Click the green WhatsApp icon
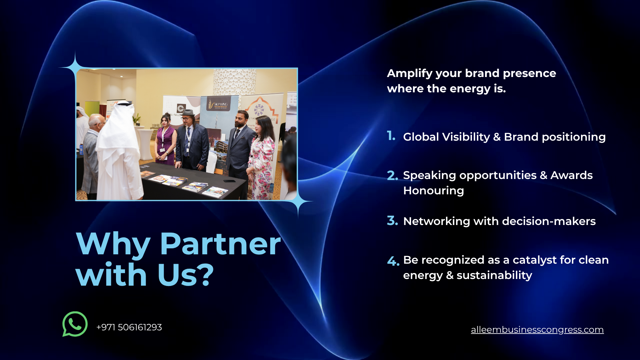click(x=75, y=324)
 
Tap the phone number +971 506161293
click(x=129, y=327)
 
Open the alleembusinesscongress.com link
click(x=537, y=330)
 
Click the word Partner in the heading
click(x=220, y=244)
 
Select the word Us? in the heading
click(x=185, y=275)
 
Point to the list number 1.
click(x=391, y=136)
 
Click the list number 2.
click(x=392, y=175)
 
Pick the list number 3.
click(x=392, y=221)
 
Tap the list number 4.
click(x=393, y=261)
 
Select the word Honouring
click(x=433, y=191)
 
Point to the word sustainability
click(x=494, y=275)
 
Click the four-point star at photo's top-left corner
click(x=75, y=68)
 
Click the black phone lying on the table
click(x=229, y=181)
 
